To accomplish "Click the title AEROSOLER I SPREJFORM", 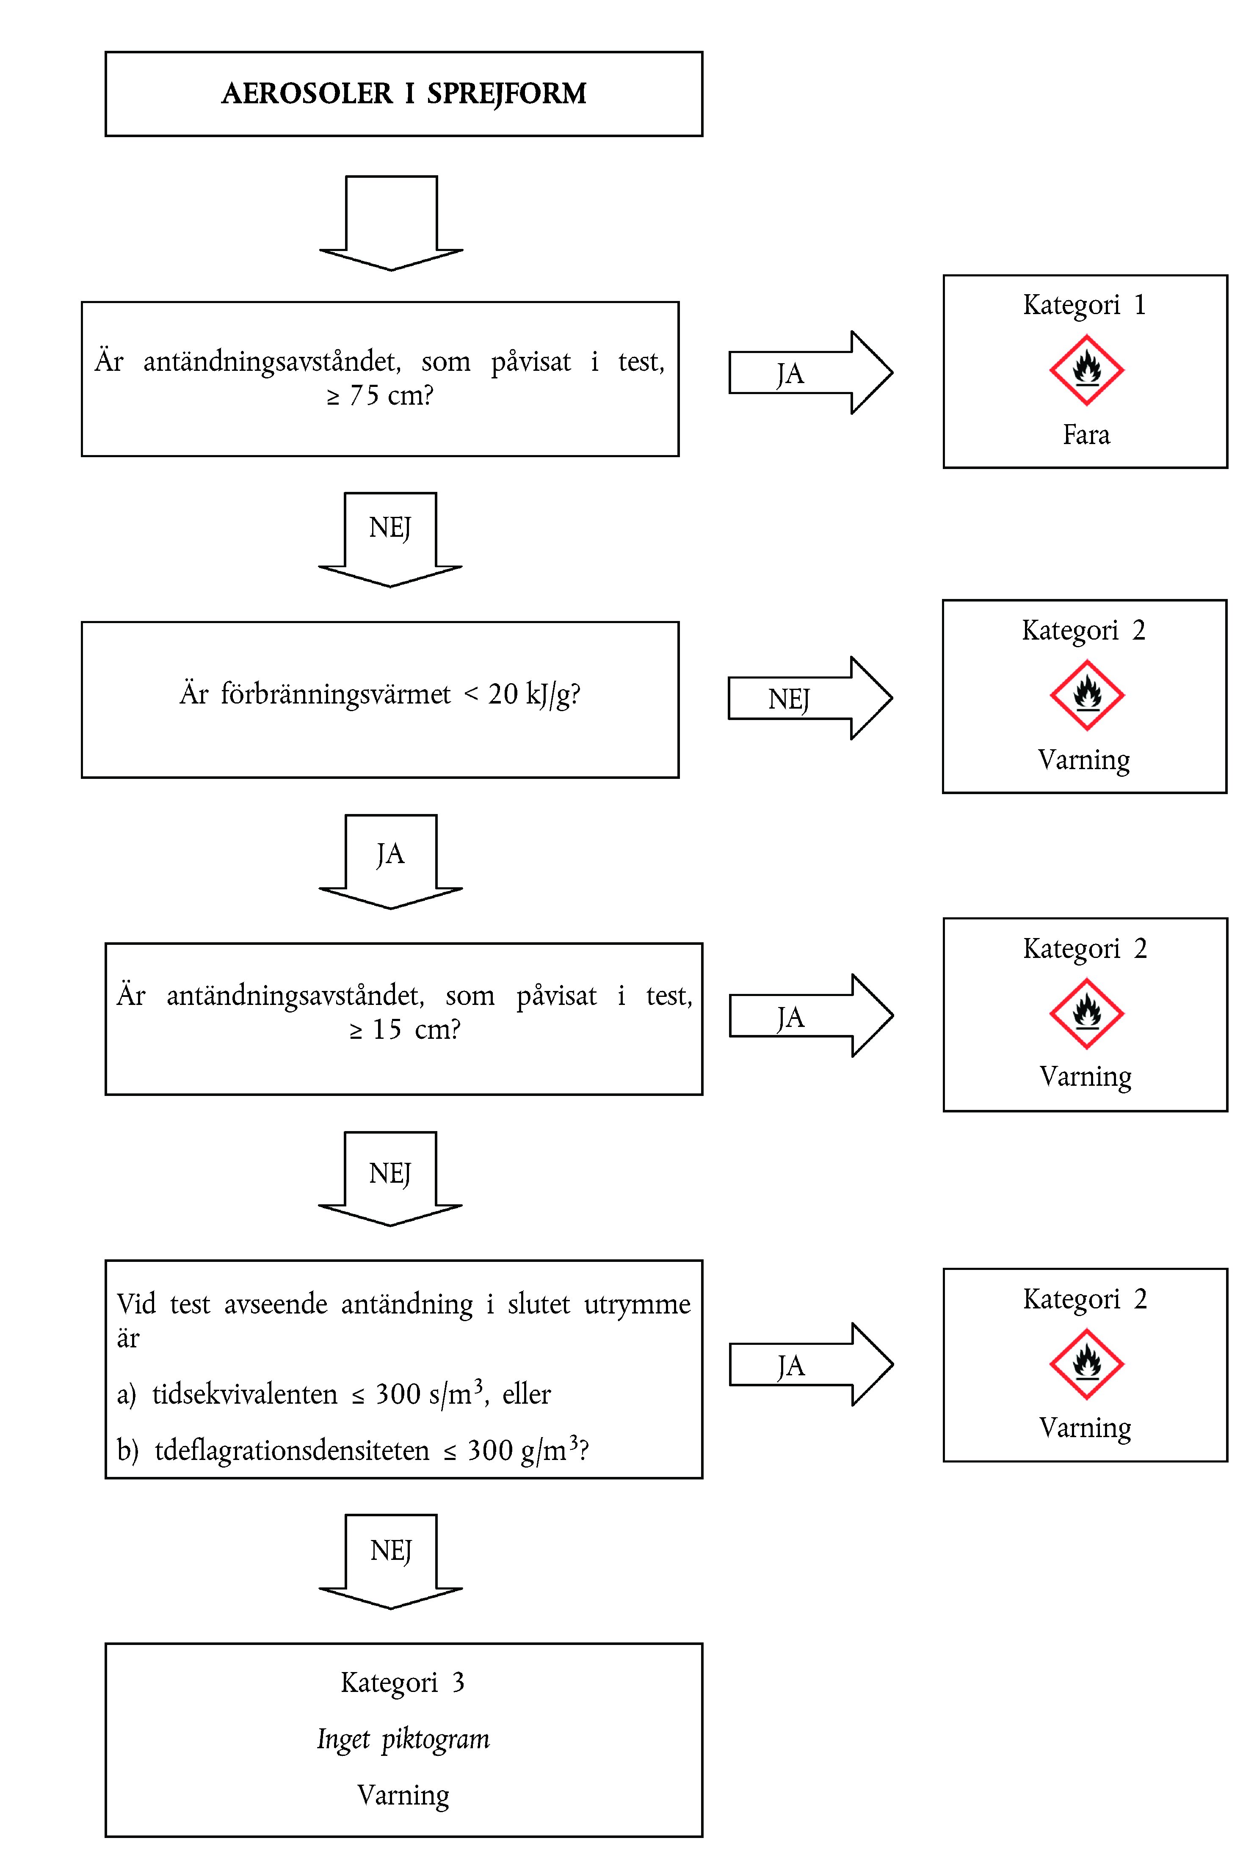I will click(404, 94).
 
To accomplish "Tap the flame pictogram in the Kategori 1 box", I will click(1086, 370).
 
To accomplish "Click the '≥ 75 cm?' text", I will click(380, 395).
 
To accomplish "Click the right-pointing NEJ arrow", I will click(809, 698).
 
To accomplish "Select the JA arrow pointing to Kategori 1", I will click(809, 373).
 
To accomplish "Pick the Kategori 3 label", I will click(402, 1683).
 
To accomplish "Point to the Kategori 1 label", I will click(1085, 305).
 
